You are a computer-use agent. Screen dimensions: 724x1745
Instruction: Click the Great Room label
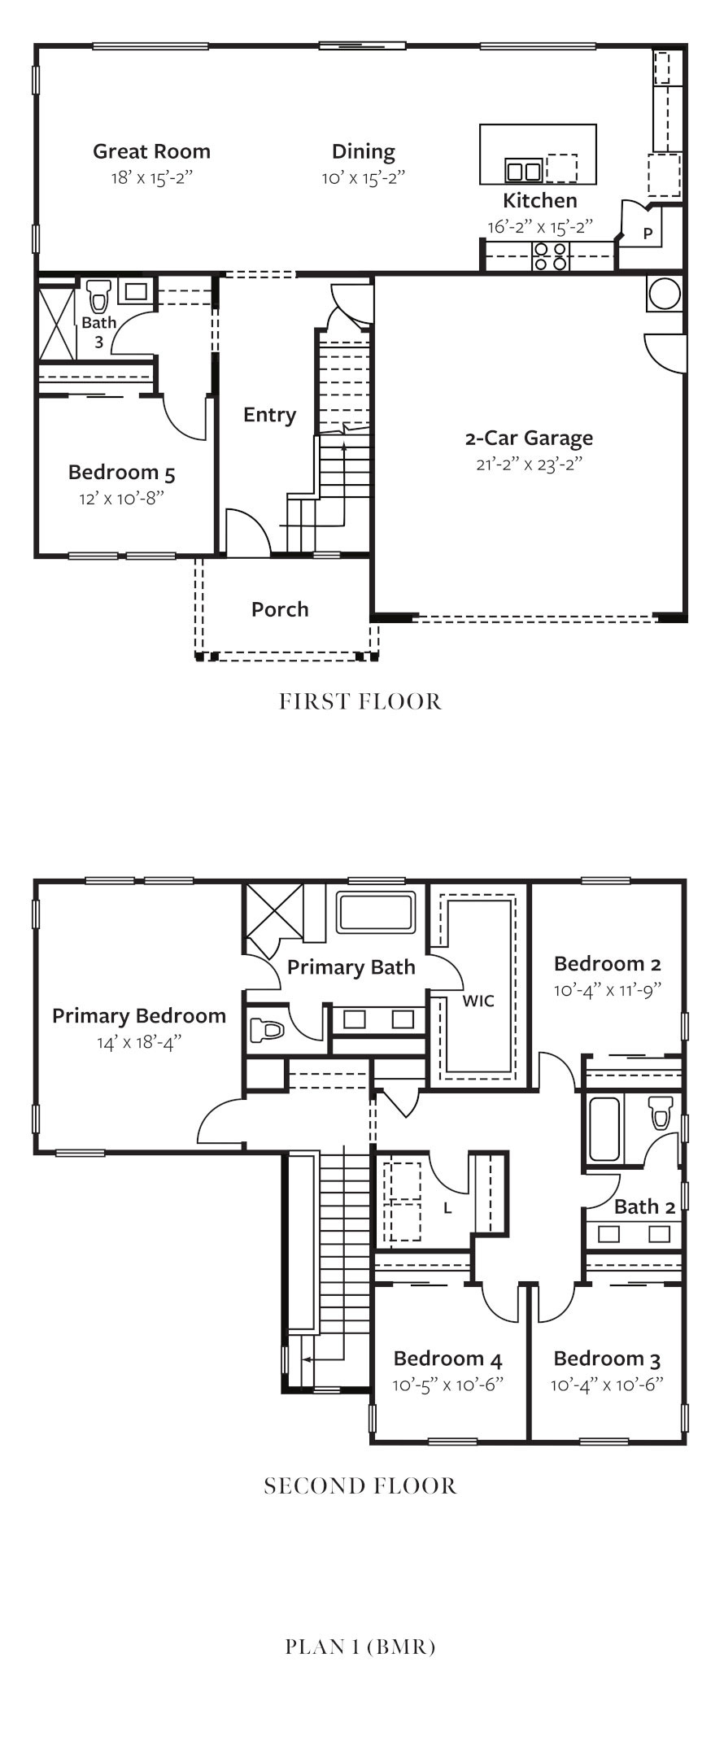tap(151, 151)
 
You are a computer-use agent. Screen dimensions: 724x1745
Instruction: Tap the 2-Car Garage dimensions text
tap(530, 465)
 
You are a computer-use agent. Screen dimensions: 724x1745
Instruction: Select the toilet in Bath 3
tap(99, 296)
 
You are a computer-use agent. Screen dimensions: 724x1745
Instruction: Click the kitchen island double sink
tap(524, 171)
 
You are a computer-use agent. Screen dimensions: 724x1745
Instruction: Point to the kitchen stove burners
tap(551, 256)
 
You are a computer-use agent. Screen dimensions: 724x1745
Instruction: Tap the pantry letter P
tap(648, 233)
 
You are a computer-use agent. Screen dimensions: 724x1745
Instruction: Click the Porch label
tap(280, 609)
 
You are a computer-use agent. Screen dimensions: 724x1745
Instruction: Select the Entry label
tap(269, 415)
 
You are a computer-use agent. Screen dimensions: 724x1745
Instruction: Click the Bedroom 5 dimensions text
tap(121, 498)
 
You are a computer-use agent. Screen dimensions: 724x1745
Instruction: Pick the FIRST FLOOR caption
tap(360, 701)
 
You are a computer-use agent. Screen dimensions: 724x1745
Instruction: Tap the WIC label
tap(478, 1001)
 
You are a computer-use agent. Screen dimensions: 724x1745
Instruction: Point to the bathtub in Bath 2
tap(604, 1130)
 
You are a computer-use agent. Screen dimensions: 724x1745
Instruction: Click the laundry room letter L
tap(447, 1208)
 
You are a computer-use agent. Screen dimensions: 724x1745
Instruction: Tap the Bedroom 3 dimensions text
tap(607, 1384)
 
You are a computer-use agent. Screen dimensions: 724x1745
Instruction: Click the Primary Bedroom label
tap(139, 1015)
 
